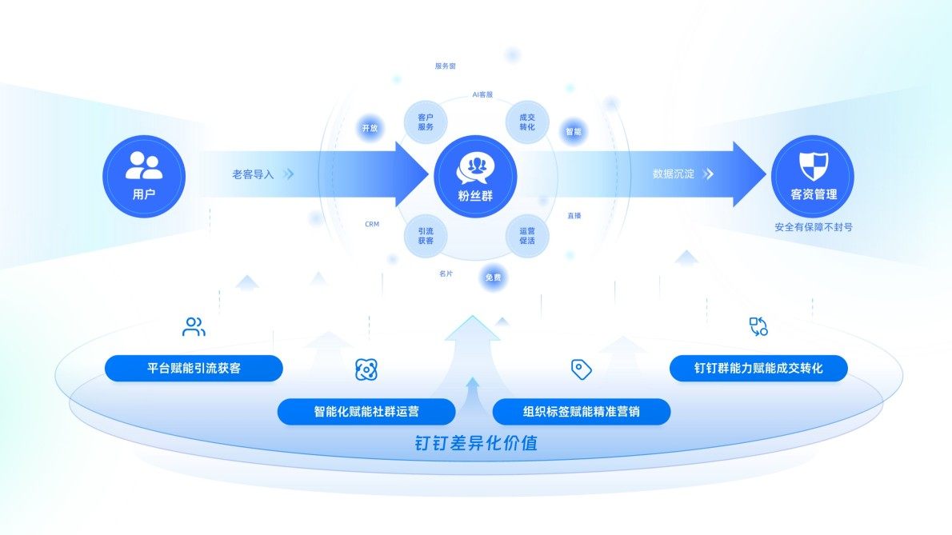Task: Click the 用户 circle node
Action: click(144, 176)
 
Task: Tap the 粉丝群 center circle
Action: click(475, 176)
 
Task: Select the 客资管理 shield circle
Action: click(813, 176)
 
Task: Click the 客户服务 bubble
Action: click(426, 122)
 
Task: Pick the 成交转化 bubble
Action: click(527, 122)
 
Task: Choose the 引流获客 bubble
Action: click(426, 235)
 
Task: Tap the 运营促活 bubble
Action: click(527, 235)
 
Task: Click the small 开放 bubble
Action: click(369, 128)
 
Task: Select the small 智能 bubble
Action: click(574, 132)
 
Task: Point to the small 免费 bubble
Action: click(493, 277)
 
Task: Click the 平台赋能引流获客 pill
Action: click(194, 369)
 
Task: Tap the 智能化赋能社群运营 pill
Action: click(366, 412)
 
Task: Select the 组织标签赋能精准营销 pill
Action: click(581, 412)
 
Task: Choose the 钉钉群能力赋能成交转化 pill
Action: click(758, 369)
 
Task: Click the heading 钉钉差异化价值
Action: click(475, 443)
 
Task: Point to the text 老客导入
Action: click(253, 174)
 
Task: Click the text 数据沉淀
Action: click(673, 174)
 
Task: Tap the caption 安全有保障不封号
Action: click(813, 227)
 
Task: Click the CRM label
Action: click(372, 225)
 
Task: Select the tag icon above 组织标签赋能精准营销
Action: click(581, 369)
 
